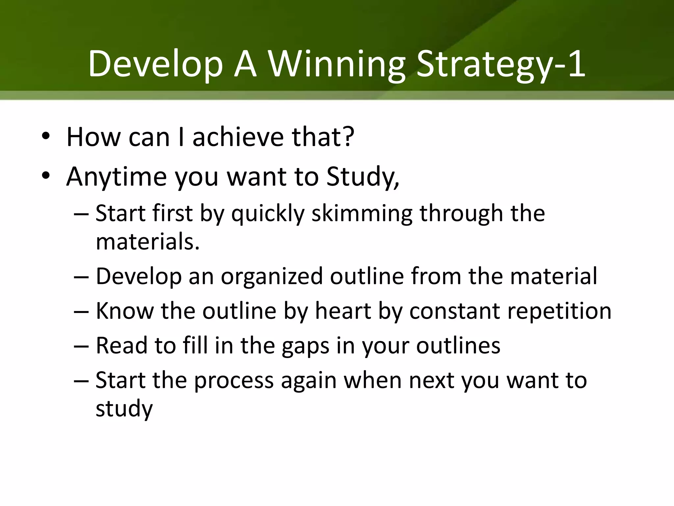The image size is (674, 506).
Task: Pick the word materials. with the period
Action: (x=148, y=241)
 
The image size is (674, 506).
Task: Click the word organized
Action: (x=272, y=276)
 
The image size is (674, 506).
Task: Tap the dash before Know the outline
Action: (x=81, y=311)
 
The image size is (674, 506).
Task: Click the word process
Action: (x=234, y=380)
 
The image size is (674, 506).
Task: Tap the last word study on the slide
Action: (x=124, y=408)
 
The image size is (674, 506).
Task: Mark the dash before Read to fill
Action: (x=81, y=346)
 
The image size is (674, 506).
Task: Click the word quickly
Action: (x=268, y=213)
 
